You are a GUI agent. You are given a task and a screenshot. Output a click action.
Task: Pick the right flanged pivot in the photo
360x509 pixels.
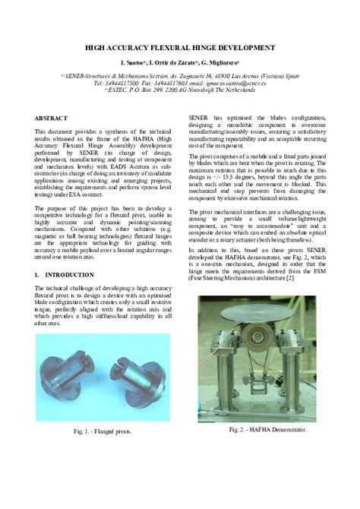[x=137, y=384]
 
